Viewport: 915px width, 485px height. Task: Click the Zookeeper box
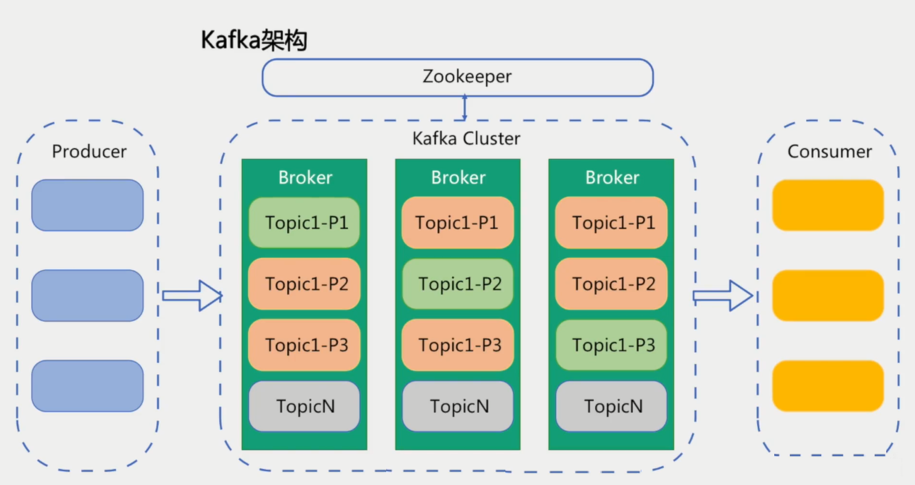point(457,78)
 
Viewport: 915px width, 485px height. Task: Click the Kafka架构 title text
point(254,40)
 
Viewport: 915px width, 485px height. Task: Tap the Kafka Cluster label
point(466,138)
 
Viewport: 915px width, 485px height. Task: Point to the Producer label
point(89,151)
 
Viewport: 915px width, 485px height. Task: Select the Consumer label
point(830,151)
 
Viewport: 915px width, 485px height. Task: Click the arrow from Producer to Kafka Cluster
point(193,295)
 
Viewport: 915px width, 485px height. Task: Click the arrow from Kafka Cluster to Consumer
point(722,295)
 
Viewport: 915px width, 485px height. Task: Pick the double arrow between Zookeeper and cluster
point(464,108)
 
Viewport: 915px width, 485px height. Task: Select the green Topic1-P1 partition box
point(304,223)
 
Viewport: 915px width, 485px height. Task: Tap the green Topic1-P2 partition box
point(458,284)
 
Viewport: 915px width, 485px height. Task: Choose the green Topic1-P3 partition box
point(611,345)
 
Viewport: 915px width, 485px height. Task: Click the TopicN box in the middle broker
point(458,406)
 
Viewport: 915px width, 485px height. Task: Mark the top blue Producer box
point(88,205)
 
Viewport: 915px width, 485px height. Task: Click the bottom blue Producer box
point(88,386)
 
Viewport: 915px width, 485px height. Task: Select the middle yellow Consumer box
point(828,295)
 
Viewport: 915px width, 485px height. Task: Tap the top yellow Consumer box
point(828,205)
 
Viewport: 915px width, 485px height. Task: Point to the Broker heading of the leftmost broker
point(305,178)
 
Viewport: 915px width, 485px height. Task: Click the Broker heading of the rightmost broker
point(612,178)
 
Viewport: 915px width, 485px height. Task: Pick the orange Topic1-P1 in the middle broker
point(458,223)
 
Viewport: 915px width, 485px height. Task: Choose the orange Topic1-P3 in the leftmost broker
point(304,345)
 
